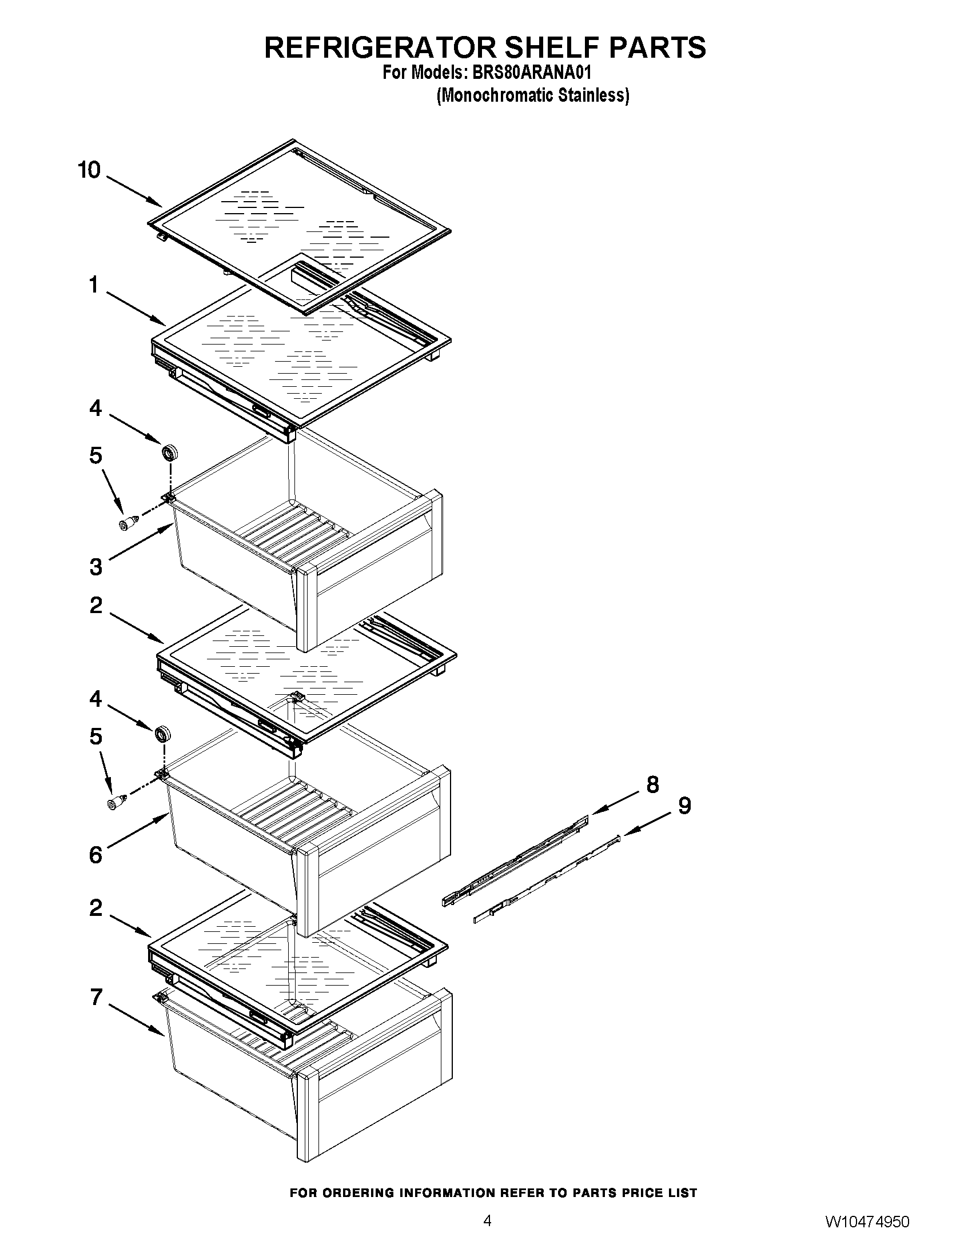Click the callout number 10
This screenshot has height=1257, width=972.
coord(89,170)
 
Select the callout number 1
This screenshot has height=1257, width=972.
coord(94,285)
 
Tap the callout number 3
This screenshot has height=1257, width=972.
coord(95,567)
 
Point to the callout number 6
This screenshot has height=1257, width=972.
coord(95,855)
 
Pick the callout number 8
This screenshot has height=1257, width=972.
coord(652,784)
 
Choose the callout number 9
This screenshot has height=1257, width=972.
coord(684,805)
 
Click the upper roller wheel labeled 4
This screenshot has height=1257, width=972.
coord(169,453)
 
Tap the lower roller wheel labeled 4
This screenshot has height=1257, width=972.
coord(163,734)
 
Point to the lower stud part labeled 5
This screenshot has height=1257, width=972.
coord(117,801)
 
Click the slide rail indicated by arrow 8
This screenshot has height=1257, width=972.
coord(515,859)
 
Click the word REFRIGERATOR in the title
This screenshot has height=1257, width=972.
coord(380,48)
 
